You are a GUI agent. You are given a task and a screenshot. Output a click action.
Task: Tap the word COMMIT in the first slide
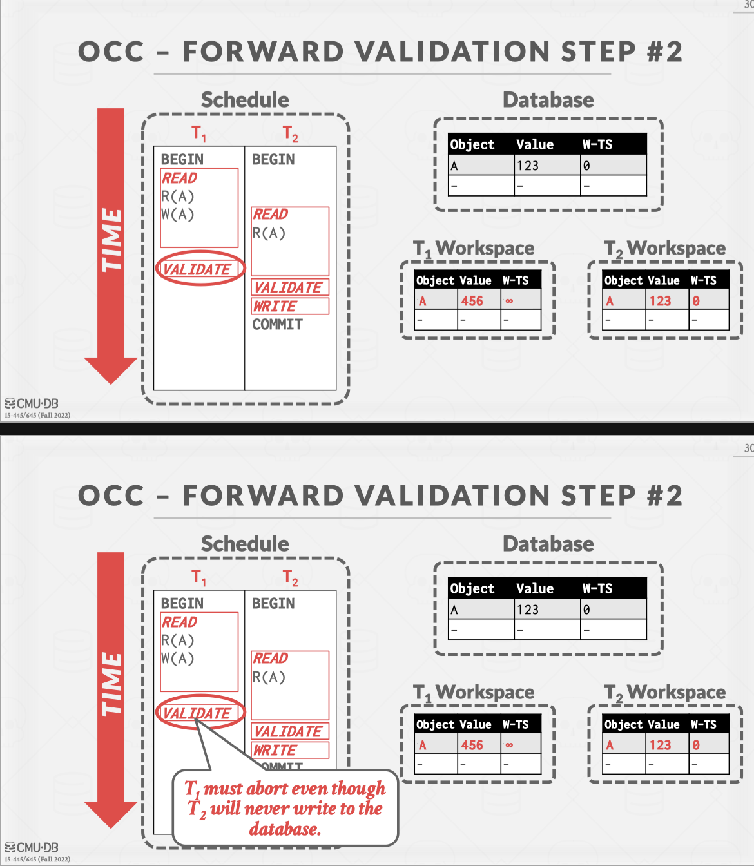pyautogui.click(x=277, y=325)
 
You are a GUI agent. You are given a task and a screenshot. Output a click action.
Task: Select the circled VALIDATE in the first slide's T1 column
pyautogui.click(x=200, y=268)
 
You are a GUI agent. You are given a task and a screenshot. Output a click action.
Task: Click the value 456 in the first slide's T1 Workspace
pyautogui.click(x=472, y=301)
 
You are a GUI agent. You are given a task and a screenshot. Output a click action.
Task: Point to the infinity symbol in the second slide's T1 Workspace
pyautogui.click(x=509, y=745)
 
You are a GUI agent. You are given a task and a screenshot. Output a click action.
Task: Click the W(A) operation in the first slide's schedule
pyautogui.click(x=177, y=215)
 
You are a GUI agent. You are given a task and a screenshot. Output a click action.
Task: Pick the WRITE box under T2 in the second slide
pyautogui.click(x=290, y=750)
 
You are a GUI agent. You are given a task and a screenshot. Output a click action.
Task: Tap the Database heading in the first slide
pyautogui.click(x=548, y=100)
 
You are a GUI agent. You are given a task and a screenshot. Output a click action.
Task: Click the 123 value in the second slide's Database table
pyautogui.click(x=528, y=610)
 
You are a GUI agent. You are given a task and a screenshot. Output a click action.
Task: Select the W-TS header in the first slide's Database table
pyautogui.click(x=597, y=144)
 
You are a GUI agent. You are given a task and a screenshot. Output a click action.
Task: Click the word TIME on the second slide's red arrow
pyautogui.click(x=111, y=684)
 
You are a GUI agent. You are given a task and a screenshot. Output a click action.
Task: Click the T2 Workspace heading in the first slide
pyautogui.click(x=664, y=249)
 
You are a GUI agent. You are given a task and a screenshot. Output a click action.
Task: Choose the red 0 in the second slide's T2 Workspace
pyautogui.click(x=696, y=745)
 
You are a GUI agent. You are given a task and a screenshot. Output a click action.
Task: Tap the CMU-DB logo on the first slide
pyautogui.click(x=32, y=403)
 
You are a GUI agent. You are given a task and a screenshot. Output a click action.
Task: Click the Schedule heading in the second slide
pyautogui.click(x=245, y=544)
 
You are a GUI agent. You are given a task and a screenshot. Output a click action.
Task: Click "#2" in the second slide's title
pyautogui.click(x=664, y=496)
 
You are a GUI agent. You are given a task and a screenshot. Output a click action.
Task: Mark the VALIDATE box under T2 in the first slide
pyautogui.click(x=290, y=287)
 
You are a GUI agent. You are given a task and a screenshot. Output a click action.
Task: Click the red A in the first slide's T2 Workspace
pyautogui.click(x=610, y=301)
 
